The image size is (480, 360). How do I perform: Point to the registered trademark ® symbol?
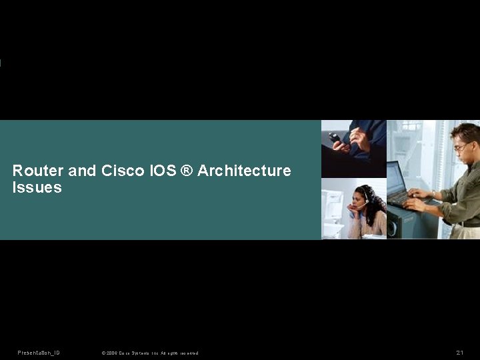pos(186,171)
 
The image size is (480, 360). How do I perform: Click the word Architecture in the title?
pos(244,171)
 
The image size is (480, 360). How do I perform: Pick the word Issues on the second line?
pos(37,188)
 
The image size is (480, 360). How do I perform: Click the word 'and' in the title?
pos(82,171)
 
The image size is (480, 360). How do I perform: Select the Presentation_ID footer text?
pos(39,353)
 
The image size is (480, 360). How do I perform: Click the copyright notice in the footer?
pos(149,353)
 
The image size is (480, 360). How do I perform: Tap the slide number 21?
pos(460,353)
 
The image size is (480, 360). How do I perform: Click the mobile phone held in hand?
pos(336,138)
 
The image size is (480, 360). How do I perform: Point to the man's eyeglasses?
pos(461,147)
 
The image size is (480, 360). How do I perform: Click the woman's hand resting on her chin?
pos(353,208)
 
